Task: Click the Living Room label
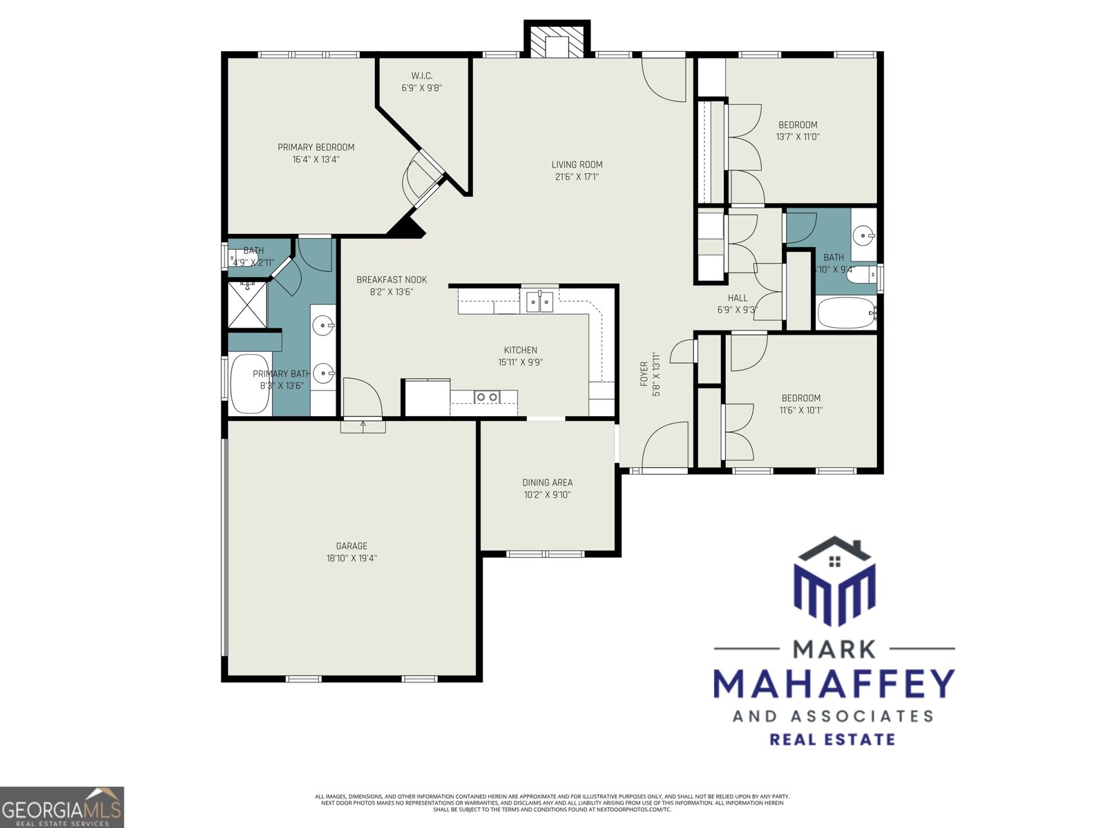pos(577,164)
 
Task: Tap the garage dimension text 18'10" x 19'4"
pos(352,558)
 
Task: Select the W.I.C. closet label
pos(421,76)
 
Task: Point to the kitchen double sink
pos(539,302)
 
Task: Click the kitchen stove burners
pos(486,396)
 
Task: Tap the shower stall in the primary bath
pos(247,304)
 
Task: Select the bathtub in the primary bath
pos(249,384)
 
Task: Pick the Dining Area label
pos(547,482)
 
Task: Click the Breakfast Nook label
pos(392,279)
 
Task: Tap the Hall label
pos(737,298)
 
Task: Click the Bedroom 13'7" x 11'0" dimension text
pos(798,137)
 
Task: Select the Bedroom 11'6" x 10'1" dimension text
pos(801,410)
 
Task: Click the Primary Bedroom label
pos(316,147)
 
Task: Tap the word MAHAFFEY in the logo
pos(834,684)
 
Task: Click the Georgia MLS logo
pos(61,807)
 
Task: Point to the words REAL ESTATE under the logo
pos(832,740)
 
